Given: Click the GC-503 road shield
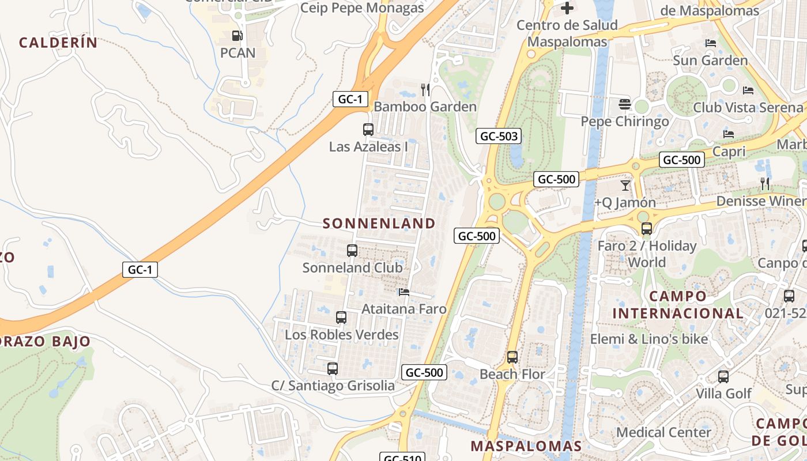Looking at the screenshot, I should pos(499,137).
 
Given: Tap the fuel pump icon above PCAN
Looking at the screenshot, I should pos(237,36).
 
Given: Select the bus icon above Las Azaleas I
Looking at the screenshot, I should pos(368,130).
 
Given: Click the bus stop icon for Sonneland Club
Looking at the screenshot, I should pos(352,251).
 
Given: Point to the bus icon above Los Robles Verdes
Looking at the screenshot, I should pos(341,318).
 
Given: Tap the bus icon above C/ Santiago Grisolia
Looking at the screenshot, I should pos(333,369).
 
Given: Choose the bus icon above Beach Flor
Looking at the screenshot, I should pos(512,357).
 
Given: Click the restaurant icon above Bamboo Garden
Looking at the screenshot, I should pos(425,89).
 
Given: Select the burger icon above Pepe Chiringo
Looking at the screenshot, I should pos(625,104).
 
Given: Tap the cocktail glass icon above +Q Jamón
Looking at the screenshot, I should pos(625,186).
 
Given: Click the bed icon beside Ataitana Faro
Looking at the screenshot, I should pos(404,292).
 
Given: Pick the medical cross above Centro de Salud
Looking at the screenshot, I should pos(567,8).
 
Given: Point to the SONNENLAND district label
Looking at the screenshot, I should pos(379,224).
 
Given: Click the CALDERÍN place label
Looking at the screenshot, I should pos(58,43).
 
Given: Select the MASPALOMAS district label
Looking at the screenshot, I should pos(526,446).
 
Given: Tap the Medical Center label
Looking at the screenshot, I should pos(663,432).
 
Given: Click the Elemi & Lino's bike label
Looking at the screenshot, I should pos(648,339).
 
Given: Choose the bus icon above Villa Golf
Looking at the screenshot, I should pos(723,377).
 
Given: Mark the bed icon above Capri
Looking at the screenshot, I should pos(729,134).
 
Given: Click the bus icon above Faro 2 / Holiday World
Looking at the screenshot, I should pos(647,229).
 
